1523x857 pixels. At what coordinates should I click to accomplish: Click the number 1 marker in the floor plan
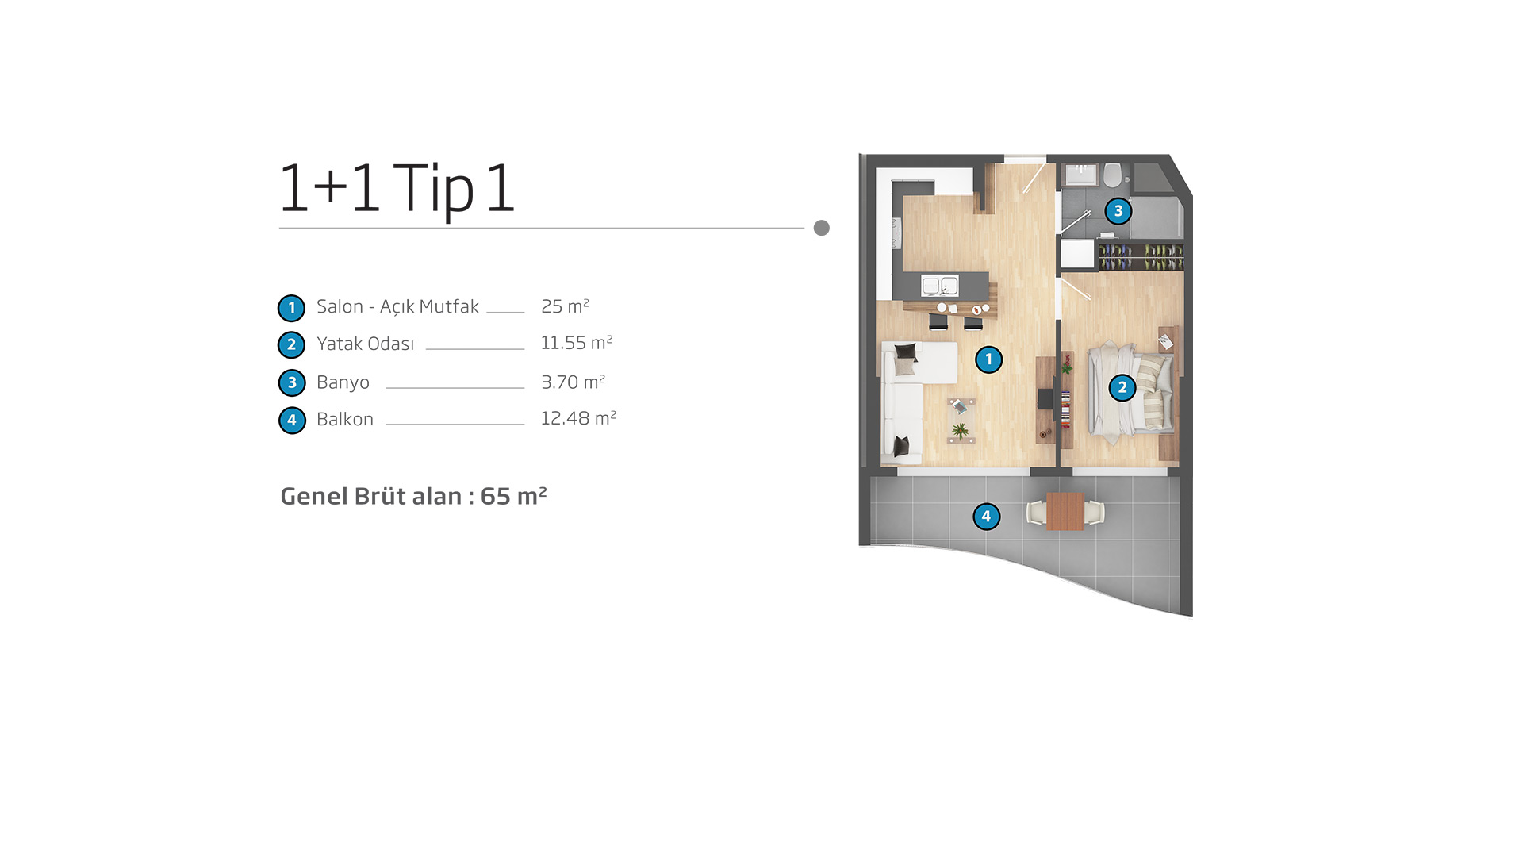click(x=988, y=359)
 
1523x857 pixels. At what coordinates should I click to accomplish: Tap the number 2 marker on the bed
click(x=1122, y=388)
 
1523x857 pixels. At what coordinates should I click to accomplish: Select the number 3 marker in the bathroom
click(x=1118, y=211)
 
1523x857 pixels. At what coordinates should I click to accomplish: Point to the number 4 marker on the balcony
click(x=986, y=517)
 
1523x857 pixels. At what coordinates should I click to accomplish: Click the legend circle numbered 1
click(x=291, y=308)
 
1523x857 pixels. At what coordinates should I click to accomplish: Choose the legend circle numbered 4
click(x=292, y=421)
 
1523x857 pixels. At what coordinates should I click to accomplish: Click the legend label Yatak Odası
click(x=365, y=344)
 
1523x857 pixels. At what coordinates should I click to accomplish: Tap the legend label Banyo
click(x=343, y=382)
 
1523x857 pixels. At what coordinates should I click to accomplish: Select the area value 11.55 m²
click(x=577, y=343)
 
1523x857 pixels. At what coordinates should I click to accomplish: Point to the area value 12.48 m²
click(x=578, y=418)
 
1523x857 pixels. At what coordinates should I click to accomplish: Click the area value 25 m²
click(x=565, y=306)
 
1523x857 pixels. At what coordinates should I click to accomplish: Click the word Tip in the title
click(x=433, y=189)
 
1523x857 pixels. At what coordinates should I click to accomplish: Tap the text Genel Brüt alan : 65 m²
click(x=413, y=496)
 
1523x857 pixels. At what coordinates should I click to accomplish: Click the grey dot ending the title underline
click(x=822, y=228)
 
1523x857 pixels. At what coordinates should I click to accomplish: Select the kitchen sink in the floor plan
click(x=940, y=285)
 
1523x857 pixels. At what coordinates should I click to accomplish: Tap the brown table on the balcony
click(x=1065, y=511)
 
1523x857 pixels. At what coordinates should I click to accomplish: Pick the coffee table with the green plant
click(x=961, y=421)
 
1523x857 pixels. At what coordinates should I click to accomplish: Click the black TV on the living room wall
click(x=1045, y=399)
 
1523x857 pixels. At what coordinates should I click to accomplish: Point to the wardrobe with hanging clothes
click(x=1141, y=256)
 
